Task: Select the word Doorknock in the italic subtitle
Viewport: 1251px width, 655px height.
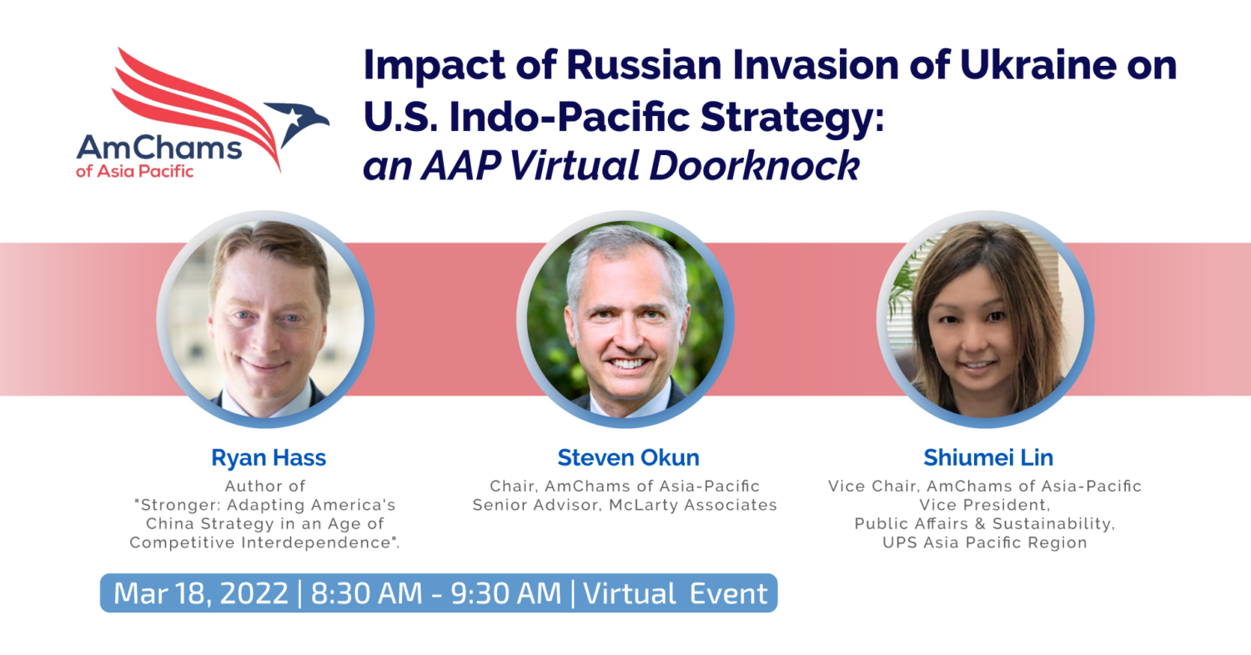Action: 755,165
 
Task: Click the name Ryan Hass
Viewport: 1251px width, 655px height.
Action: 269,458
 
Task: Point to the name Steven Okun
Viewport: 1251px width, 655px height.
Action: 628,458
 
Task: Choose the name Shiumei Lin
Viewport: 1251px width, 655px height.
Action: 988,458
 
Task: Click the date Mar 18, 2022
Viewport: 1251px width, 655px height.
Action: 201,593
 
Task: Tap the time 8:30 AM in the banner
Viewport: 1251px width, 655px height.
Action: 366,593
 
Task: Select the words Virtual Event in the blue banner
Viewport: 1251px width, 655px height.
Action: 676,593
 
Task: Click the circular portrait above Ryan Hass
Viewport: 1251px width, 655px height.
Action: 266,319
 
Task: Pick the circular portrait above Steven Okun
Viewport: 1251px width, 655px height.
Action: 625,319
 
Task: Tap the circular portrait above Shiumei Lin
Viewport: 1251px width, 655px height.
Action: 986,319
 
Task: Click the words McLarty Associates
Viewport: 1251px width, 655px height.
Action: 693,505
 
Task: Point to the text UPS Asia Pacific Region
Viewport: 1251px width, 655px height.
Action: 985,542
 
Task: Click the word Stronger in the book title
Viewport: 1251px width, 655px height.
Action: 178,505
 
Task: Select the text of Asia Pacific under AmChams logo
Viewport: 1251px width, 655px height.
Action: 134,171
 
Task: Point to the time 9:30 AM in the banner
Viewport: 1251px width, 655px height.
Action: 506,593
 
